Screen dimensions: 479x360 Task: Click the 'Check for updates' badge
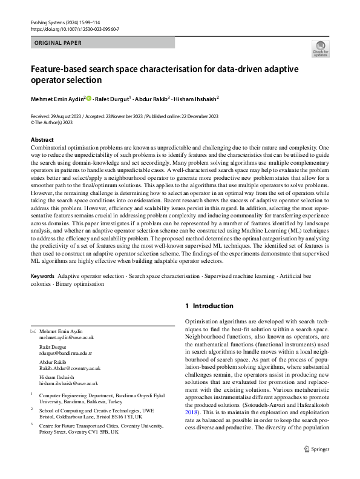(320, 48)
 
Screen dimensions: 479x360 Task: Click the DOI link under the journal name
(74, 28)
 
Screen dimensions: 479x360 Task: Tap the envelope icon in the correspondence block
(33, 331)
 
